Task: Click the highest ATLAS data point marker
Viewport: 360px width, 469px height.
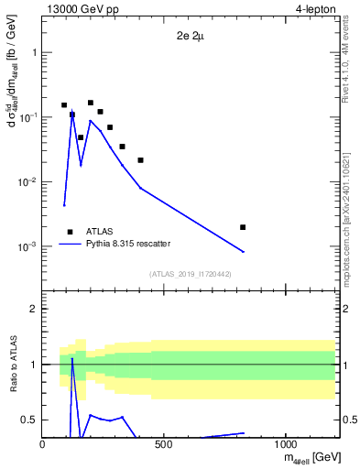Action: [x=91, y=103]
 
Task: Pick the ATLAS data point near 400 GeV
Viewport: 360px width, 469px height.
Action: [x=140, y=160]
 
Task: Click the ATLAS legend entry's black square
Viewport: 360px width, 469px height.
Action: [x=70, y=232]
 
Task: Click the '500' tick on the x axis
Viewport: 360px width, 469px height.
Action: [x=164, y=445]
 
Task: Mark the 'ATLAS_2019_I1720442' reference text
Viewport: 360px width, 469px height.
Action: [x=190, y=274]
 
